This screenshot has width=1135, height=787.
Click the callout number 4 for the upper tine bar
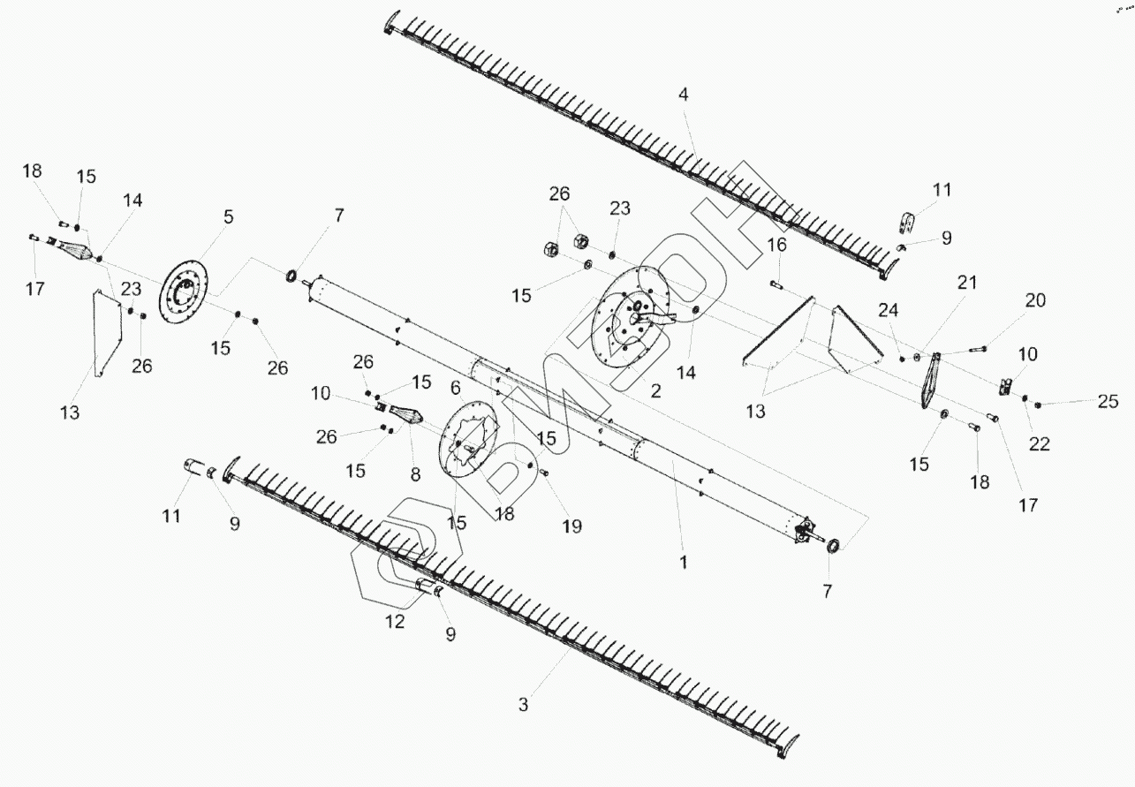point(683,95)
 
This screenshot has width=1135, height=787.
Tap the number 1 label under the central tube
point(684,561)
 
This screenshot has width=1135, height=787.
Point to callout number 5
point(228,216)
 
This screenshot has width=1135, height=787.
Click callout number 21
point(967,284)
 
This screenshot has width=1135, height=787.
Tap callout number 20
point(1035,300)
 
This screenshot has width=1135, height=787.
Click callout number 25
point(1109,402)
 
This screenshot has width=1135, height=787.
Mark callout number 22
point(1040,444)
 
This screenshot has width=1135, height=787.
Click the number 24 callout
point(889,310)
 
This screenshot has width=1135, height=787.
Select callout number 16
point(776,245)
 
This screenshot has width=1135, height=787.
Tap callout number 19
point(571,526)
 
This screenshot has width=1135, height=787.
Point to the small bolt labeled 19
point(544,474)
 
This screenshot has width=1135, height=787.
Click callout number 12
point(394,622)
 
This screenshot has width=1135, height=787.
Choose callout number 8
point(415,473)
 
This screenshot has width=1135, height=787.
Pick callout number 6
point(455,388)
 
